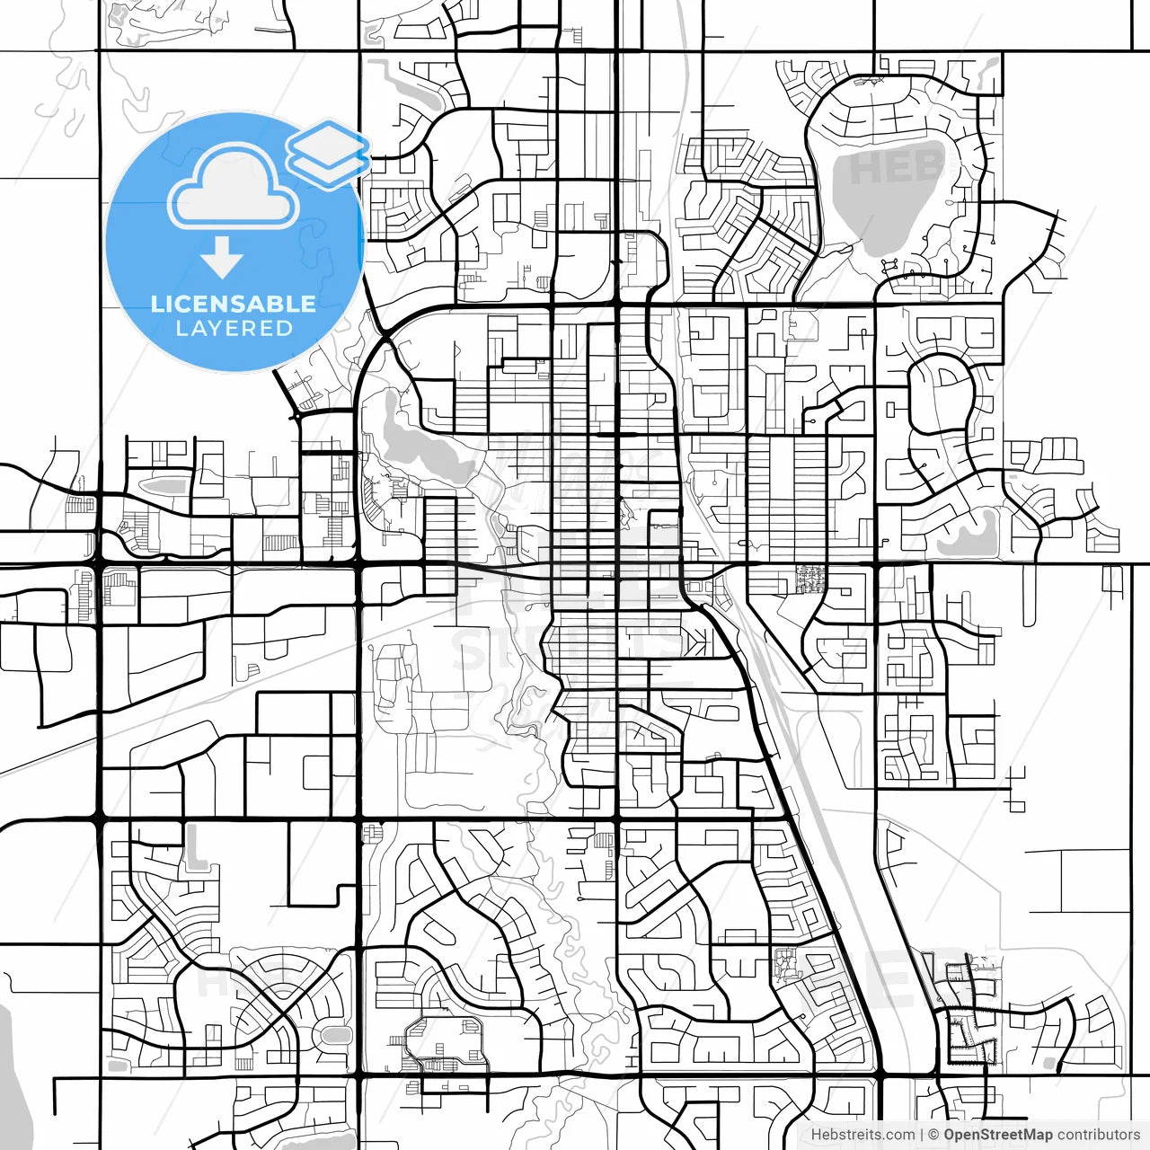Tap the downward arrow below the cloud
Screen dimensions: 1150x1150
222,259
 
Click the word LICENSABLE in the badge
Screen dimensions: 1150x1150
233,304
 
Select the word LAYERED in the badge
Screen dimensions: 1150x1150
234,329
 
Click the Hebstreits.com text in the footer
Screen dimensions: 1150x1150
862,1135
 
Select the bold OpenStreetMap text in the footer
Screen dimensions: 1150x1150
997,1135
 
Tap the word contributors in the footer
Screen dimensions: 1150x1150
1098,1135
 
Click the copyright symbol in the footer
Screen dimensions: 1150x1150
933,1135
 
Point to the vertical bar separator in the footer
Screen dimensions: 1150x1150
922,1135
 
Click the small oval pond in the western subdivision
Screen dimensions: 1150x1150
163,486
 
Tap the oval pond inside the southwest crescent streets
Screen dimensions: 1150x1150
335,1035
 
